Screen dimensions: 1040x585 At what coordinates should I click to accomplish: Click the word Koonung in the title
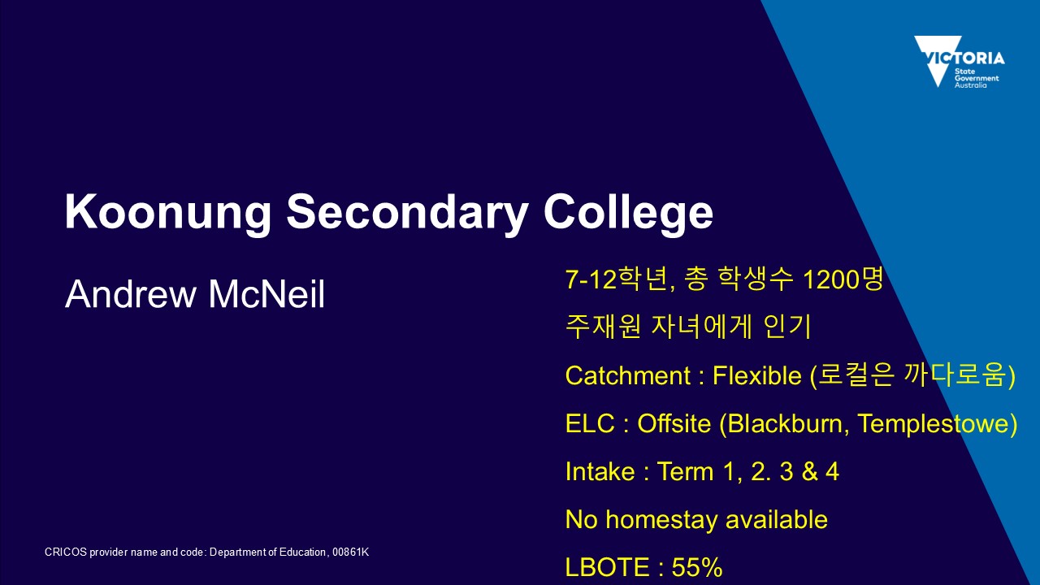pyautogui.click(x=168, y=212)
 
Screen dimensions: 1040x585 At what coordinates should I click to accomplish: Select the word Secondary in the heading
pyautogui.click(x=407, y=212)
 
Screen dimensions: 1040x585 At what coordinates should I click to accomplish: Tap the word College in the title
pyautogui.click(x=628, y=212)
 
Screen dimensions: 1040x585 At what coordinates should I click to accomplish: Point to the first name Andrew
pyautogui.click(x=131, y=293)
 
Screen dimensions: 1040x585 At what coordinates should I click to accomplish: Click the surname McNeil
pyautogui.click(x=266, y=293)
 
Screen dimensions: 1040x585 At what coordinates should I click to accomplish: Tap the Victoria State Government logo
pyautogui.click(x=960, y=62)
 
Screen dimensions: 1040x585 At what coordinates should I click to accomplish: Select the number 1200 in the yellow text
pyautogui.click(x=831, y=279)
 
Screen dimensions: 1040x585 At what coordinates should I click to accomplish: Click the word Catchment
pyautogui.click(x=628, y=375)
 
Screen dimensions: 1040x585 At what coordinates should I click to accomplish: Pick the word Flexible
pyautogui.click(x=756, y=375)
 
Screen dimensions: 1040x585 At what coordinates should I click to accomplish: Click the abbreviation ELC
pyautogui.click(x=590, y=423)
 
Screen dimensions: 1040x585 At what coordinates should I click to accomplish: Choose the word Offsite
pyautogui.click(x=674, y=423)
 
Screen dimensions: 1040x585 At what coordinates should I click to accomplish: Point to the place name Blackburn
pyautogui.click(x=785, y=424)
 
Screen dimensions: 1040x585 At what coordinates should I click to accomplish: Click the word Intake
pyautogui.click(x=600, y=471)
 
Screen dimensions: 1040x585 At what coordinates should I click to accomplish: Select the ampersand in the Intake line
pyautogui.click(x=808, y=471)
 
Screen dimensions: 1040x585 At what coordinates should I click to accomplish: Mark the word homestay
pyautogui.click(x=664, y=520)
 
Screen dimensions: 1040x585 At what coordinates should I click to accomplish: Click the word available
pyautogui.click(x=777, y=519)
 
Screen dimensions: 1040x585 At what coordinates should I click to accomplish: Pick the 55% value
pyautogui.click(x=697, y=567)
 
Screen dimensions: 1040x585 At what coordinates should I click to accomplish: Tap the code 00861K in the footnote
pyautogui.click(x=350, y=552)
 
